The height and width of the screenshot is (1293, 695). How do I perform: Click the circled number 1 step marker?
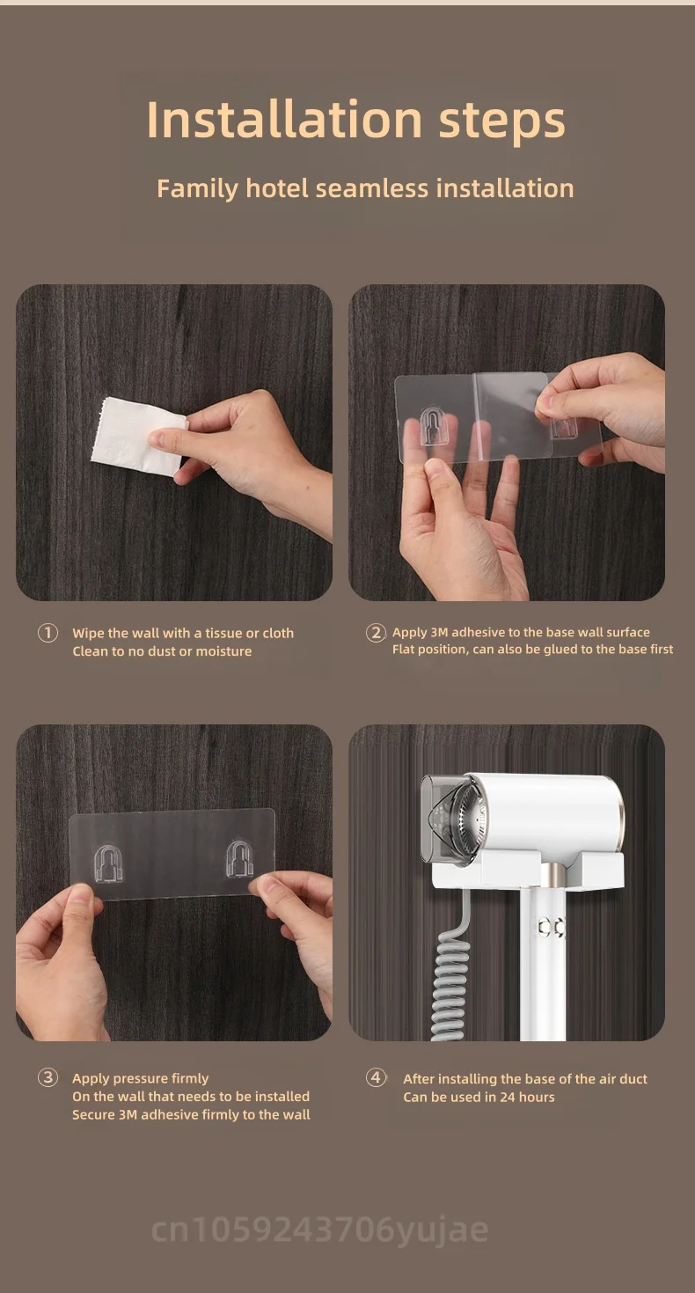tap(48, 633)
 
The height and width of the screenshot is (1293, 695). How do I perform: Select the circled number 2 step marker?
tap(376, 633)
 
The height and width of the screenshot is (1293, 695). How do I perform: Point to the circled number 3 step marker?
tap(48, 1077)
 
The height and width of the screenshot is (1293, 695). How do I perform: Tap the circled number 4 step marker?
tap(376, 1077)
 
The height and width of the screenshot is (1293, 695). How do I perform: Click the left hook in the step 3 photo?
tap(108, 863)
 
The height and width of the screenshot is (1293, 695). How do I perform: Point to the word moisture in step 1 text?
tap(223, 651)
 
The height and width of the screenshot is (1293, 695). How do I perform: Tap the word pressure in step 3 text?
tap(146, 1078)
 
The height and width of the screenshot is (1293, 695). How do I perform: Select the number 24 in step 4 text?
tap(508, 1097)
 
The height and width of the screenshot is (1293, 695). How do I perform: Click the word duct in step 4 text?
tap(633, 1079)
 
